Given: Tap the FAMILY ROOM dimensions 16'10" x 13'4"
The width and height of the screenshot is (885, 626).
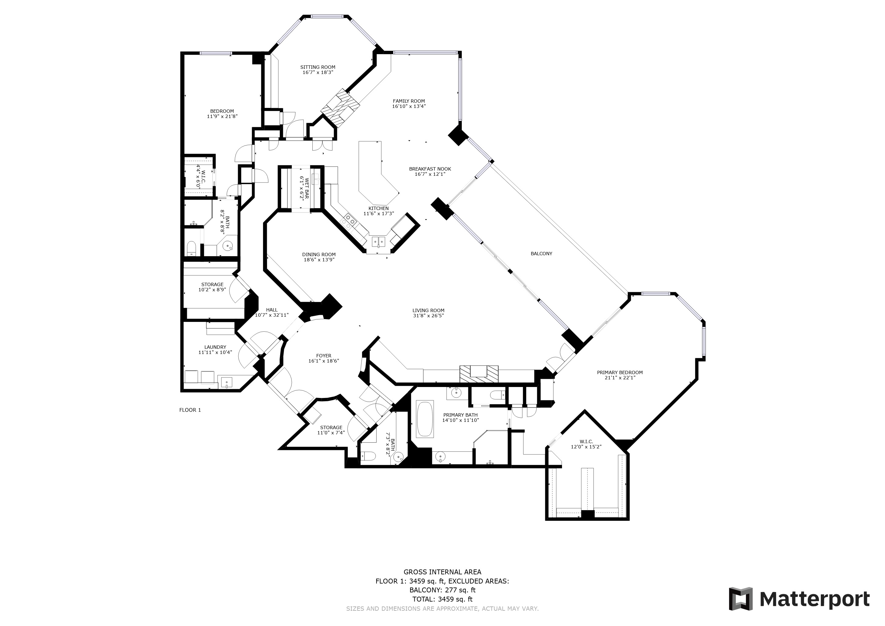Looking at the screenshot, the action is click(x=409, y=106).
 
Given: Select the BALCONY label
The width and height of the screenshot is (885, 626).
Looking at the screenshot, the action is click(x=541, y=254).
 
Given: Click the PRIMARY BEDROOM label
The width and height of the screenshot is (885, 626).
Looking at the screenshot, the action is click(x=619, y=372).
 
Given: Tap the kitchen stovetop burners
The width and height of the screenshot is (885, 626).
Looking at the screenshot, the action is click(x=350, y=220).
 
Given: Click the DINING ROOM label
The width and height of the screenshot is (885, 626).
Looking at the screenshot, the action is click(x=319, y=254).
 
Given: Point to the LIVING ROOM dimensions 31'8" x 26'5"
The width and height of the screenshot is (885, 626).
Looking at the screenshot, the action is click(x=428, y=316).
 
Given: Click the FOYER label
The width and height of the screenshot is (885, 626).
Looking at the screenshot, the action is click(x=323, y=356).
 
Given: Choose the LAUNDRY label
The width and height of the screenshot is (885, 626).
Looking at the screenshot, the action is click(x=215, y=347).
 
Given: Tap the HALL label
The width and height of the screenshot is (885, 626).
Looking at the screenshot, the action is click(x=272, y=310).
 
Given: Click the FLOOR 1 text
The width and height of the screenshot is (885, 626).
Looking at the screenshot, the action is click(x=190, y=410).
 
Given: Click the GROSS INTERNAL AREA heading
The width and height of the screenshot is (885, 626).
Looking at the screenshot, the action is click(x=442, y=572).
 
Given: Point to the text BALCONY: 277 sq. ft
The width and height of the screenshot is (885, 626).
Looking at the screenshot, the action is click(x=442, y=590).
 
